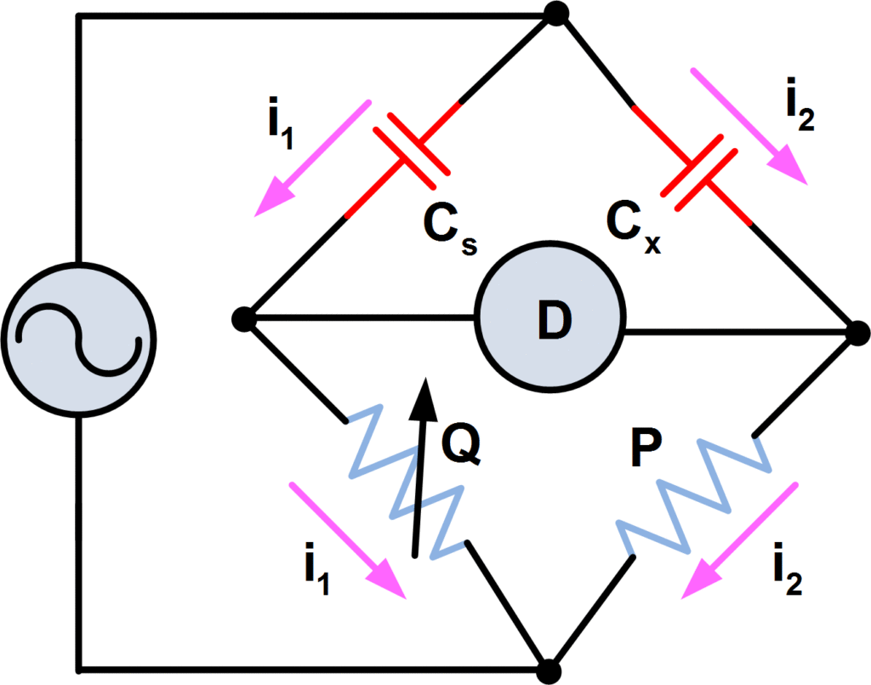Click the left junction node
[244, 319]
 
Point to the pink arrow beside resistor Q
[347, 539]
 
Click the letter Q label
[462, 447]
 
